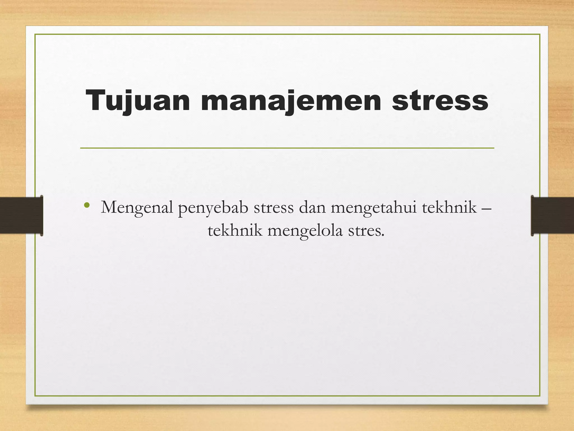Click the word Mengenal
click(137, 208)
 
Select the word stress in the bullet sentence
click(274, 208)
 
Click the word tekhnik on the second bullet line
click(235, 231)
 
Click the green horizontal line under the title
click(287, 148)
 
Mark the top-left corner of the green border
click(35, 35)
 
